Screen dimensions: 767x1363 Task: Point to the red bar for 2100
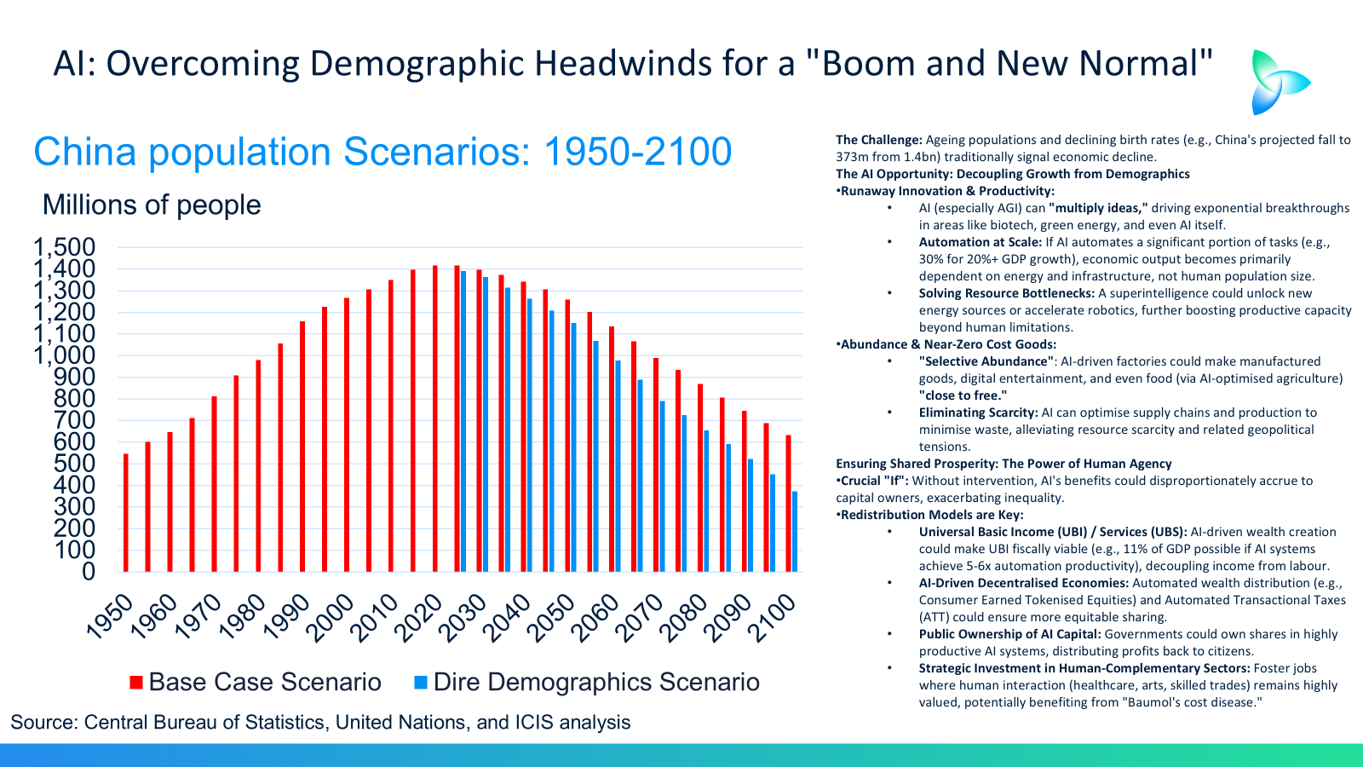(x=788, y=504)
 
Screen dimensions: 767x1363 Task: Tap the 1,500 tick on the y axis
(x=65, y=248)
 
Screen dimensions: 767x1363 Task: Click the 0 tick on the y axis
(x=88, y=572)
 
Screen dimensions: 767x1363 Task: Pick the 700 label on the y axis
(x=74, y=420)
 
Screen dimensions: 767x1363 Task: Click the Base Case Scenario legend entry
(x=256, y=682)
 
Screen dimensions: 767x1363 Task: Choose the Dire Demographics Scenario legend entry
(x=587, y=682)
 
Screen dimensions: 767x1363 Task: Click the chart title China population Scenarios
(x=382, y=153)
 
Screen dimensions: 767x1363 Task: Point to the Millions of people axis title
(x=152, y=205)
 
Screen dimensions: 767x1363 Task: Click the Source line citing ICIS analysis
(x=320, y=723)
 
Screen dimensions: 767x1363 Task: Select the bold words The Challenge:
(x=878, y=140)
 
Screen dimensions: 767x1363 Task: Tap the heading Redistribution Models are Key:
(x=931, y=515)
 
